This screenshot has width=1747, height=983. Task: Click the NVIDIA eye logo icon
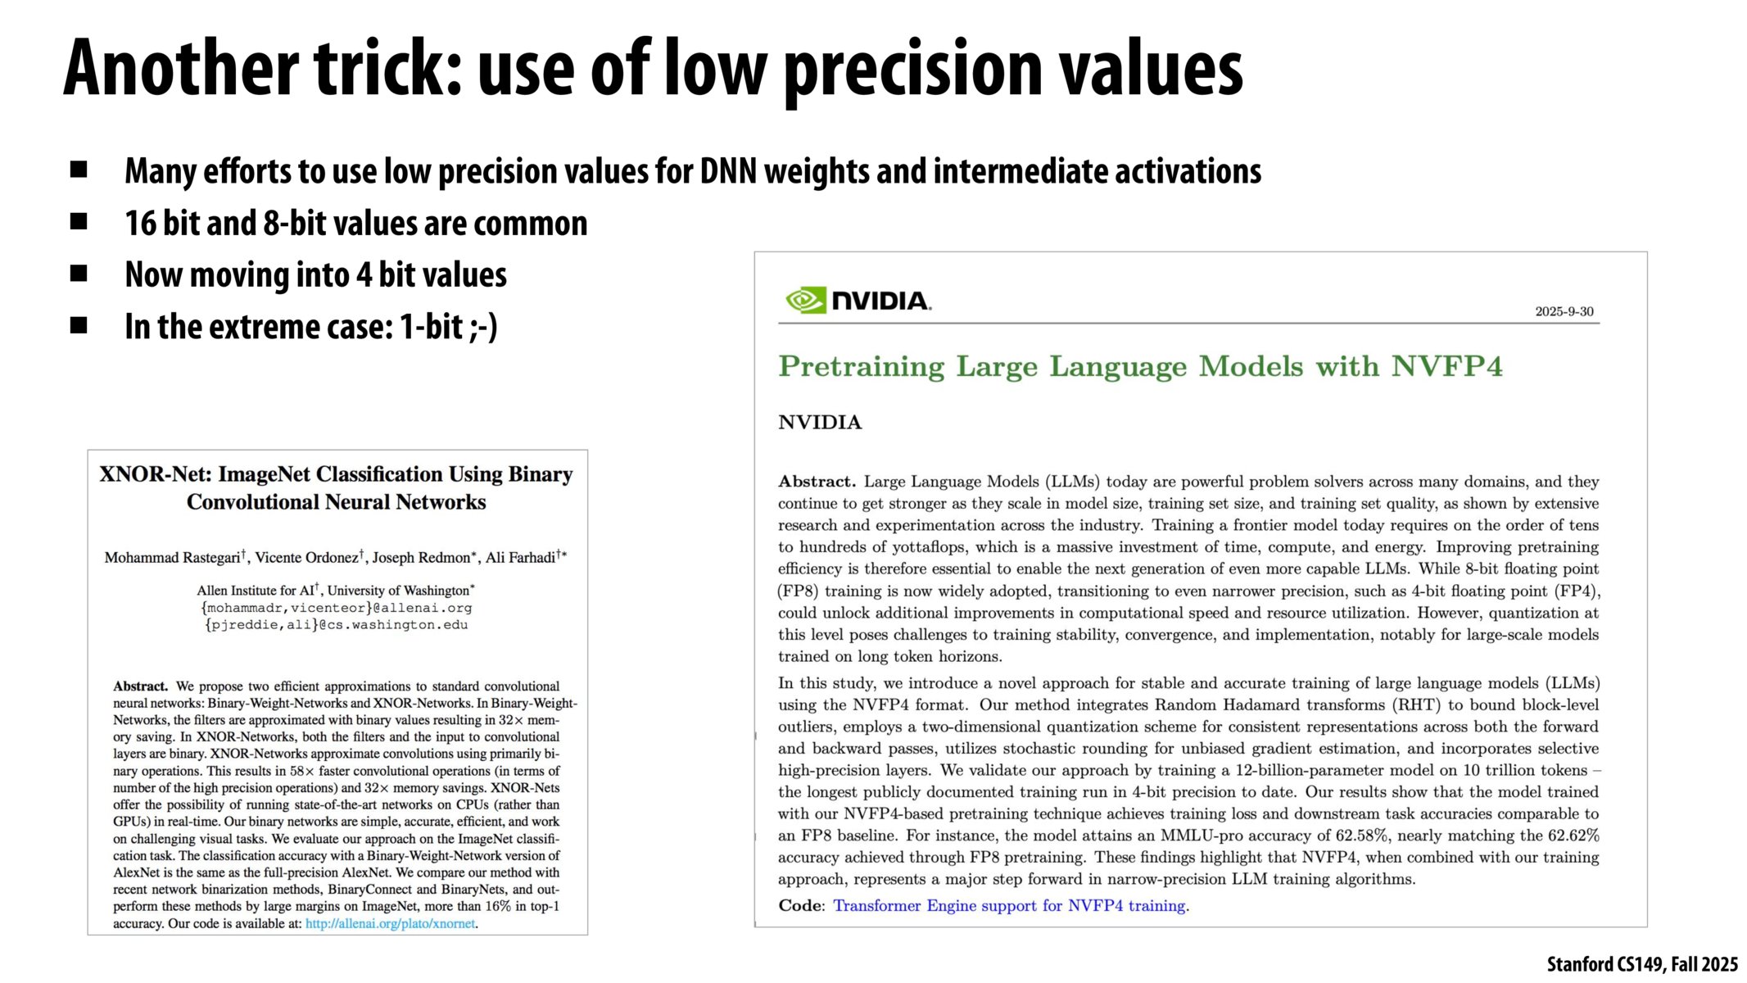click(x=806, y=301)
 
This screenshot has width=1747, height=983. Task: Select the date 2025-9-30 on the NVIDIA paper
click(x=1564, y=311)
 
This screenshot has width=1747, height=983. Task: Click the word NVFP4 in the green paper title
click(x=1446, y=366)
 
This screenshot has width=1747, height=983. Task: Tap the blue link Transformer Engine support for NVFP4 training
click(x=1009, y=905)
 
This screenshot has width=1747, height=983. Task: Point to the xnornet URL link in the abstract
click(x=390, y=923)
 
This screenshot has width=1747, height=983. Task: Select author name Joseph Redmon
click(x=423, y=558)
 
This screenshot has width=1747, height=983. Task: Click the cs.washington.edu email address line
click(x=336, y=625)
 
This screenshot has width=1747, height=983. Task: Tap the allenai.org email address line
click(x=336, y=608)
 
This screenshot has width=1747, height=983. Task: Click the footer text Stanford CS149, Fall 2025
click(x=1641, y=964)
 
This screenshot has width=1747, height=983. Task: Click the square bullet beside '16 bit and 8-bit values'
click(x=79, y=222)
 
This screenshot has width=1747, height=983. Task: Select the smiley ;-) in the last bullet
click(x=483, y=327)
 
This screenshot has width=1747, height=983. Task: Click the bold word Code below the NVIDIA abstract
click(x=800, y=905)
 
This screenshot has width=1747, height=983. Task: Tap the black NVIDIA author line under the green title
click(x=819, y=423)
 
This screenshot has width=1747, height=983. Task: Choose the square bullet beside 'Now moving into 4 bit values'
click(x=79, y=274)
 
